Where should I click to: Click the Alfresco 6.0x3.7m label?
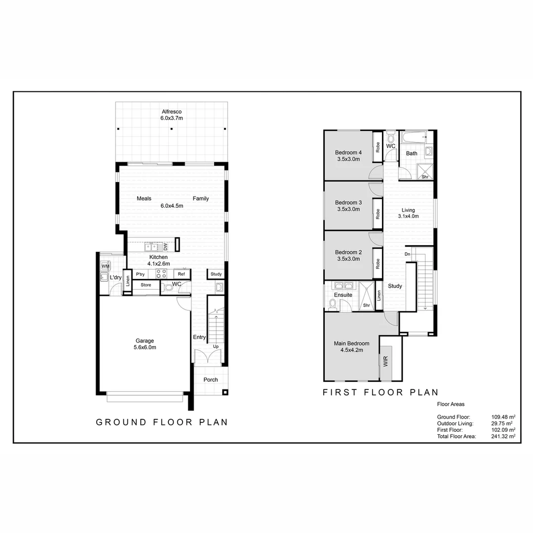coord(171,115)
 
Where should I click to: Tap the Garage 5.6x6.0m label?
coord(145,344)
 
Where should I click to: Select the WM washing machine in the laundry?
coord(105,266)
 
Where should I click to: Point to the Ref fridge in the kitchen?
coord(181,274)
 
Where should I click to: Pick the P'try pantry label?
coord(140,274)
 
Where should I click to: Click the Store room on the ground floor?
coord(146,285)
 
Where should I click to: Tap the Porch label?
coord(211,380)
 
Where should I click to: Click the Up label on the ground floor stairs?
coord(216,346)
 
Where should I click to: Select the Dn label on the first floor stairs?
coord(407,254)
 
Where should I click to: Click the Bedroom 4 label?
coord(347,155)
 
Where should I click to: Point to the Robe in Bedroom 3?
coord(378,214)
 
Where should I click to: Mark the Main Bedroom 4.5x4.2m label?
coord(351,347)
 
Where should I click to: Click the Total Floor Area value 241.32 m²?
coord(503,436)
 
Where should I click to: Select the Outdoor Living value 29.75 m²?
coord(502,423)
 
